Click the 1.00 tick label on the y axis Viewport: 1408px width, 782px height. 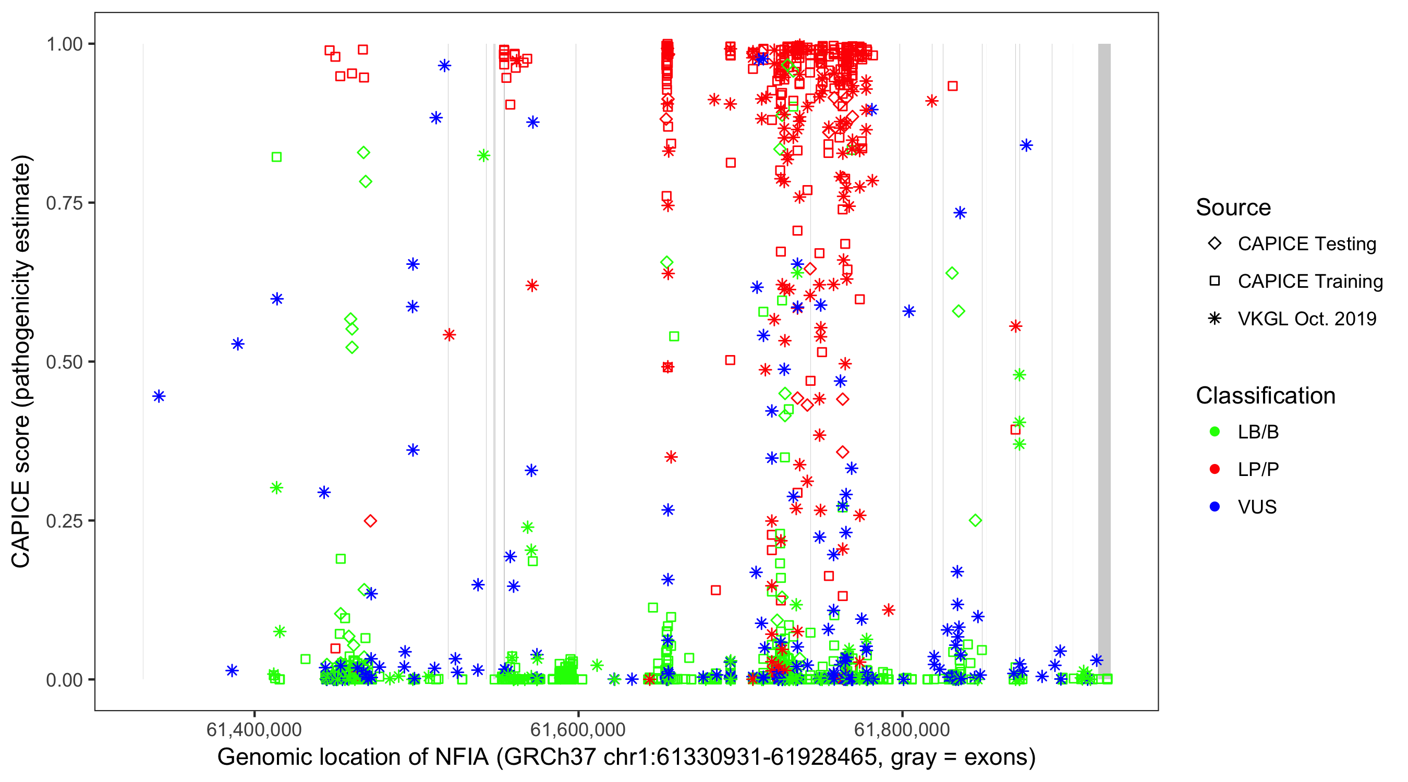64,44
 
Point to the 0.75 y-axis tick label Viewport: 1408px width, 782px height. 64,203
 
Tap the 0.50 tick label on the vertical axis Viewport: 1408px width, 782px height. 64,362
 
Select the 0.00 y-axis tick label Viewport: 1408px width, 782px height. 64,680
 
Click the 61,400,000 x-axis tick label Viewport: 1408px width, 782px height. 253,729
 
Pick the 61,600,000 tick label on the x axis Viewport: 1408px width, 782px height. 578,729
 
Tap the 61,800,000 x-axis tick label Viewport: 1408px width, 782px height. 902,729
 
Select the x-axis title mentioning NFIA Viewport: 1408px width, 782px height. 626,757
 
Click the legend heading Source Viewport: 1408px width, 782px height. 1233,207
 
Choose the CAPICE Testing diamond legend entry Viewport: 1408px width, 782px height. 1215,244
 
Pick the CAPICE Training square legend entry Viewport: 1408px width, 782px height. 1215,282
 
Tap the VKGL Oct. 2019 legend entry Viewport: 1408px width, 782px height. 1215,319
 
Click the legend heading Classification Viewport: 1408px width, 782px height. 1265,396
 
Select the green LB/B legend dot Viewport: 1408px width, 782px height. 1215,432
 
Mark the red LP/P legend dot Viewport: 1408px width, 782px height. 1215,469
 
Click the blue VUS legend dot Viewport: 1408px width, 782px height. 1215,507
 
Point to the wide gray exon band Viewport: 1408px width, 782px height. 1104,361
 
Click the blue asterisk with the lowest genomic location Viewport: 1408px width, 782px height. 159,396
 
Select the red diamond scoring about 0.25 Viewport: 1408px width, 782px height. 370,521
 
